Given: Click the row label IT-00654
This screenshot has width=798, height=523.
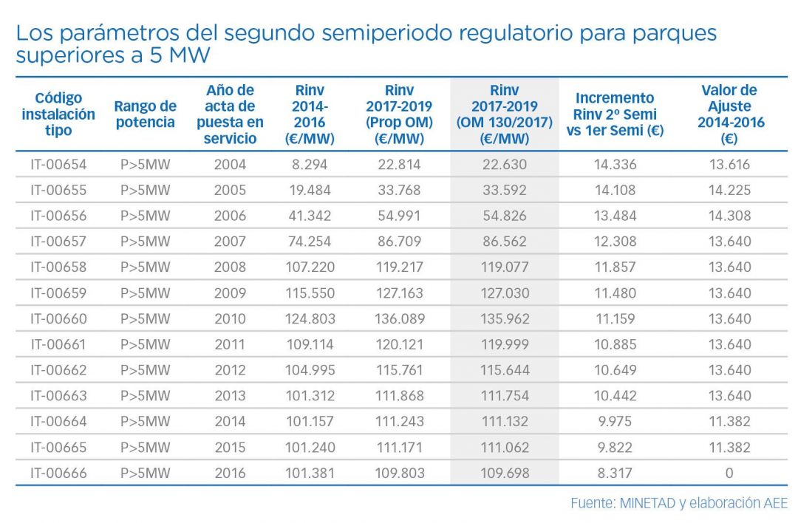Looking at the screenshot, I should pos(58,165).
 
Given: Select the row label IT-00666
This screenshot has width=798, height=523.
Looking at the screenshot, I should pos(58,473).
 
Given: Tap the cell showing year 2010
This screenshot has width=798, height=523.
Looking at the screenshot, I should pos(230,319).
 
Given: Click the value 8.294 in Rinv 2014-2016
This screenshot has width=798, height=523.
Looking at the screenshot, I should pos(310,165).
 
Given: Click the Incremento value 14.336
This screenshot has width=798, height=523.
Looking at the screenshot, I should pos(615,165).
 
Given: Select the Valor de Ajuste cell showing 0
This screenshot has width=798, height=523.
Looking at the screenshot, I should pos(729,473).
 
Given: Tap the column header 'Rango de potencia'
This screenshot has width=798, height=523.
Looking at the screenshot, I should pos(145,114).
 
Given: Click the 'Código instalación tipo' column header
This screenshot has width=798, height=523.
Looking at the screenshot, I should pos(58,114).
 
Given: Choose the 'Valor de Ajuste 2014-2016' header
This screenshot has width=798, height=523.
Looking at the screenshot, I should pos(729,114).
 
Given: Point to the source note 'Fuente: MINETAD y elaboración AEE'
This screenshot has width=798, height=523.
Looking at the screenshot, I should pos(678,503).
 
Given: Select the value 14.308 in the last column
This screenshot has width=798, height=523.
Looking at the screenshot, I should pos(729,216).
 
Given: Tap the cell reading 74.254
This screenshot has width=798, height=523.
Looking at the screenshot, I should pos(310,242).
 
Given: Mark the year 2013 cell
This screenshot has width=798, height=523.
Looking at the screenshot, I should pos(230,396).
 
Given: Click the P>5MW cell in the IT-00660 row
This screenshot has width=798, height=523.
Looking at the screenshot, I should pos(145,319).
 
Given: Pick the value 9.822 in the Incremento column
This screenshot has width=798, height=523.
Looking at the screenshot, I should pos(615,447).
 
